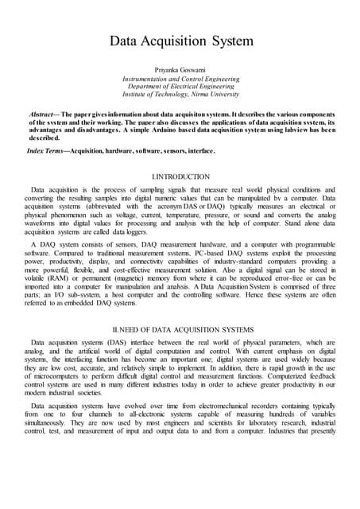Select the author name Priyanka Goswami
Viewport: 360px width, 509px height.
pyautogui.click(x=180, y=69)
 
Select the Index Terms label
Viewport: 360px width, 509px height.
pyautogui.click(x=47, y=150)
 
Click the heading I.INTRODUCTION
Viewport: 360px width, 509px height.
pyautogui.click(x=180, y=176)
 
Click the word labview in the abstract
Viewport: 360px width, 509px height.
pyautogui.click(x=252, y=131)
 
